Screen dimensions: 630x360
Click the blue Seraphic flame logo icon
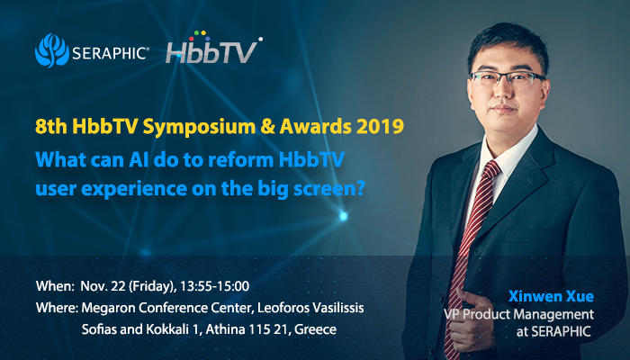point(52,50)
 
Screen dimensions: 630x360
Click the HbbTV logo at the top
point(214,48)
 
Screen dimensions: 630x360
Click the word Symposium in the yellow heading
point(199,128)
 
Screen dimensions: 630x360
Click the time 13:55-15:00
point(214,286)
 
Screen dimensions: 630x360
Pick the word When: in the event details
point(55,286)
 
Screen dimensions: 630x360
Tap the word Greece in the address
point(315,329)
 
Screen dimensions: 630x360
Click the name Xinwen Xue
point(551,296)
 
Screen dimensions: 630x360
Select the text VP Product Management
point(518,314)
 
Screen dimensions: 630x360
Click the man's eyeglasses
point(508,77)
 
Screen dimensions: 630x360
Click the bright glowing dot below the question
point(343,216)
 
